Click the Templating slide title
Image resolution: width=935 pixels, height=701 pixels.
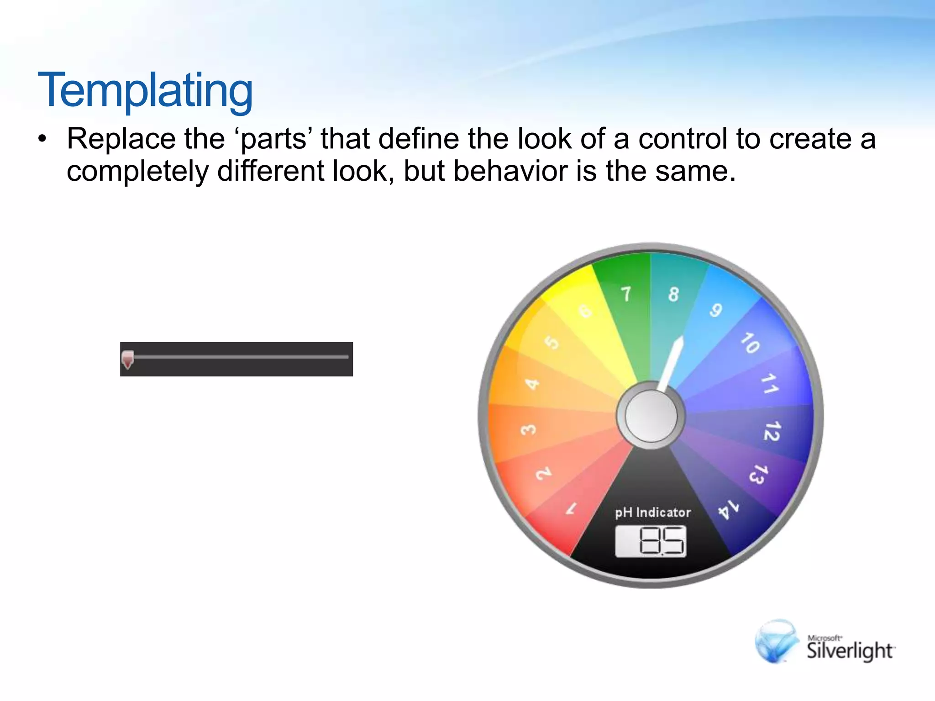point(145,91)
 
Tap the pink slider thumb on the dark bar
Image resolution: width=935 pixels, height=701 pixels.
point(128,359)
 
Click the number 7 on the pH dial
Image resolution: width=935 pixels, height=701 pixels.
point(626,294)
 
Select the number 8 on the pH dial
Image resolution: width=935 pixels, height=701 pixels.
point(673,294)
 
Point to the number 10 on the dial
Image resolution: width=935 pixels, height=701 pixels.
point(750,343)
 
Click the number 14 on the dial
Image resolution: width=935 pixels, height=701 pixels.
point(728,509)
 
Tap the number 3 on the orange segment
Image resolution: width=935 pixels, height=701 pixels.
point(529,429)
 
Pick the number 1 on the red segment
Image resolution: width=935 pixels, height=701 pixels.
point(572,508)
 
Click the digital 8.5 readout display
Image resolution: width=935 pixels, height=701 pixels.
point(651,541)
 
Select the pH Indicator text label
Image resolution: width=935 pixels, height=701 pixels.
point(652,513)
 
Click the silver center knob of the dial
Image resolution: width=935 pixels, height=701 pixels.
point(651,416)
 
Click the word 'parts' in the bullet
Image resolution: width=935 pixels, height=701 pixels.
point(273,139)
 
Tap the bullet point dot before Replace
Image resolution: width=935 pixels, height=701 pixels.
point(42,139)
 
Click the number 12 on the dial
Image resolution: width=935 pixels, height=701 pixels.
point(772,431)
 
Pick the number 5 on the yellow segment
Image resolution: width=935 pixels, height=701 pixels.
point(552,342)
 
